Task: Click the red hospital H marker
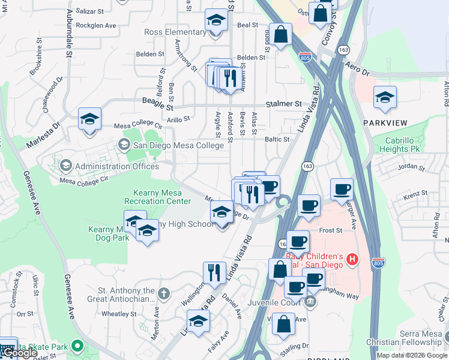click(x=352, y=260)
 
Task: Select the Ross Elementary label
click(x=175, y=32)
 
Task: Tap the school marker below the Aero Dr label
click(x=385, y=97)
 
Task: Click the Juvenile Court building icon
click(x=310, y=300)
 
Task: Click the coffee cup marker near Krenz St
click(x=341, y=189)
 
